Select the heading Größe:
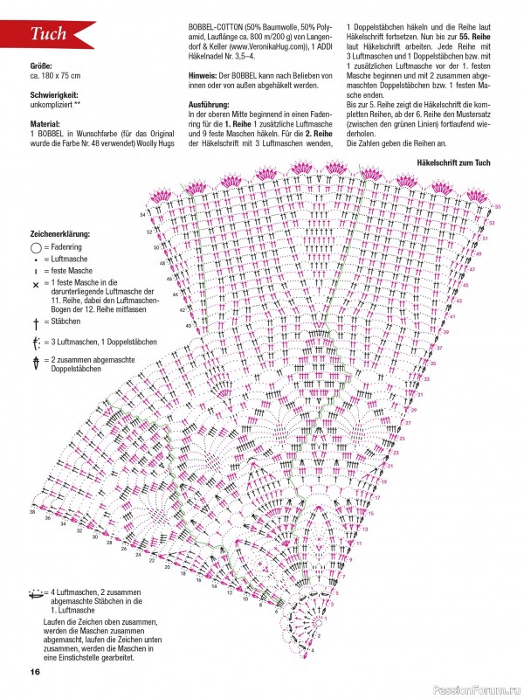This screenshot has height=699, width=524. tap(42, 66)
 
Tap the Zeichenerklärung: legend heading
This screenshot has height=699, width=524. tap(60, 235)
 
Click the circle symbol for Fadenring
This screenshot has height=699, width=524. tap(36, 247)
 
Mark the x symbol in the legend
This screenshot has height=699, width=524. tap(36, 285)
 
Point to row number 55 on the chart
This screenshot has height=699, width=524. tap(497, 206)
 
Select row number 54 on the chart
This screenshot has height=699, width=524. tap(141, 214)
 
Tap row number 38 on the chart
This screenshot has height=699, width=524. tap(32, 512)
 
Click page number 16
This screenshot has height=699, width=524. tap(35, 671)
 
